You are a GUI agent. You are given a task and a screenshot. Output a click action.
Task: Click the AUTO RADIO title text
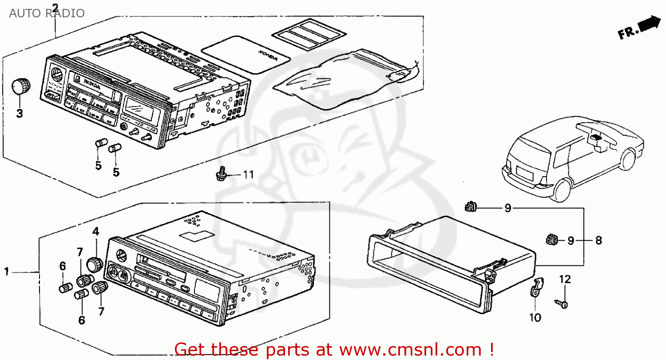47,13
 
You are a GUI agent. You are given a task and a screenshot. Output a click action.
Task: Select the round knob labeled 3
20,86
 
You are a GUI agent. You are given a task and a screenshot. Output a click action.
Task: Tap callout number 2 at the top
55,8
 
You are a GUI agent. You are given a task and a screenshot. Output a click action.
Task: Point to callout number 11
248,175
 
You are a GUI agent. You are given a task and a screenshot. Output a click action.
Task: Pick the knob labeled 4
94,264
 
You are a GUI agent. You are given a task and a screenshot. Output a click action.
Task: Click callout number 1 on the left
7,271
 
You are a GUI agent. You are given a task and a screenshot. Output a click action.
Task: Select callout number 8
599,241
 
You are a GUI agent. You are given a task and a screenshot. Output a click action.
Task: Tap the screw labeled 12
562,304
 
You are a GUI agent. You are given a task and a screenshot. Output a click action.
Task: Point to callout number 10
536,318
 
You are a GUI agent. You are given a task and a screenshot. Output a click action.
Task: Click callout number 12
565,279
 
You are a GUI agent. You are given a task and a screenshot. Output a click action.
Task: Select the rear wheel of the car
563,189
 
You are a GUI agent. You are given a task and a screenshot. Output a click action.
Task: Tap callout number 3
20,113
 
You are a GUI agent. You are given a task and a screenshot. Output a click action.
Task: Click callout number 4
95,231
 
